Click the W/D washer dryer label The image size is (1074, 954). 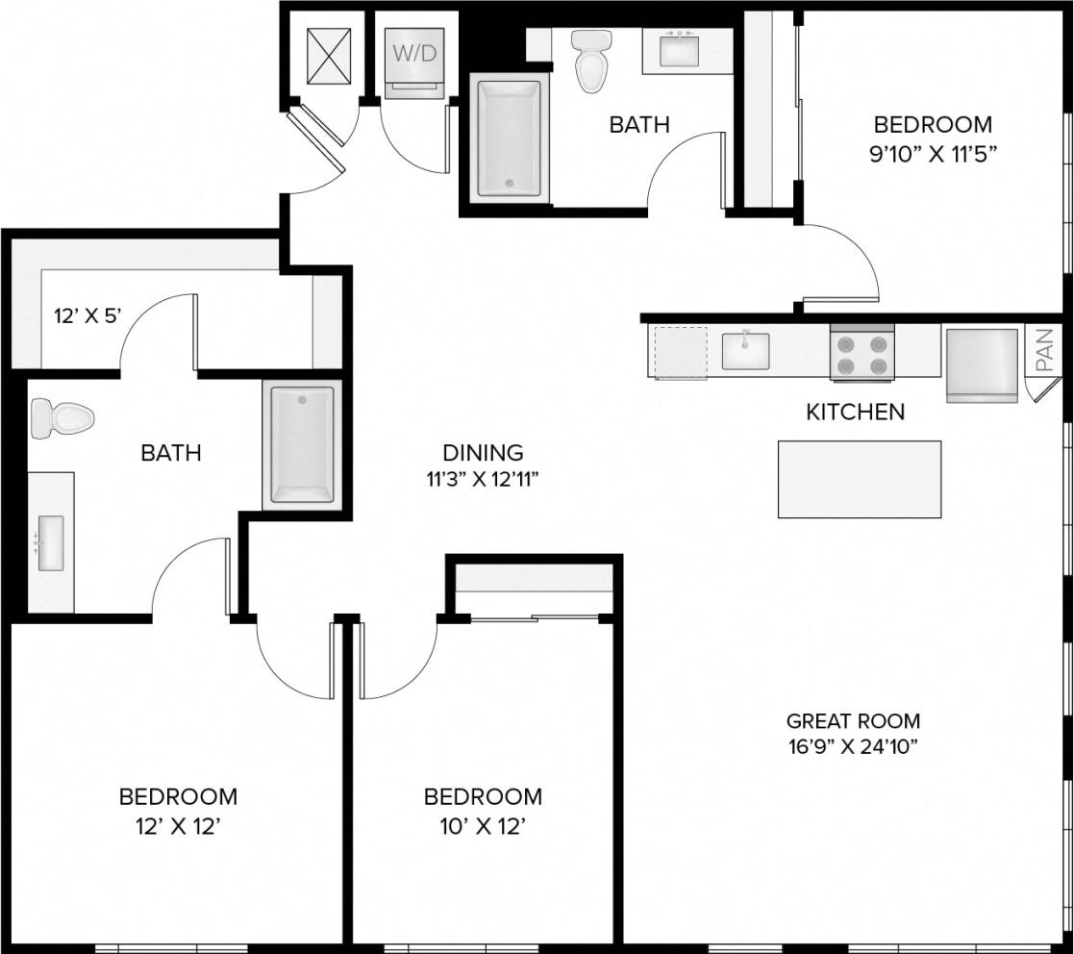tap(414, 53)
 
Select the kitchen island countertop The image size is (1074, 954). tap(859, 479)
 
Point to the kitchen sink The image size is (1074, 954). tap(746, 351)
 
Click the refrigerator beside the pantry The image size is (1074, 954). tap(982, 364)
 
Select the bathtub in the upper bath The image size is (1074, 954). tap(509, 139)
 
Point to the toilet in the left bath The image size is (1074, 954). tap(61, 419)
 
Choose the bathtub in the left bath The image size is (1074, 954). tap(302, 444)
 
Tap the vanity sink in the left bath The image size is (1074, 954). tap(50, 543)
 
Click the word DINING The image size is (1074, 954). tap(483, 452)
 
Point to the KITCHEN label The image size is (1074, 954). tap(855, 413)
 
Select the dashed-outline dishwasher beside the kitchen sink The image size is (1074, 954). tap(679, 352)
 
